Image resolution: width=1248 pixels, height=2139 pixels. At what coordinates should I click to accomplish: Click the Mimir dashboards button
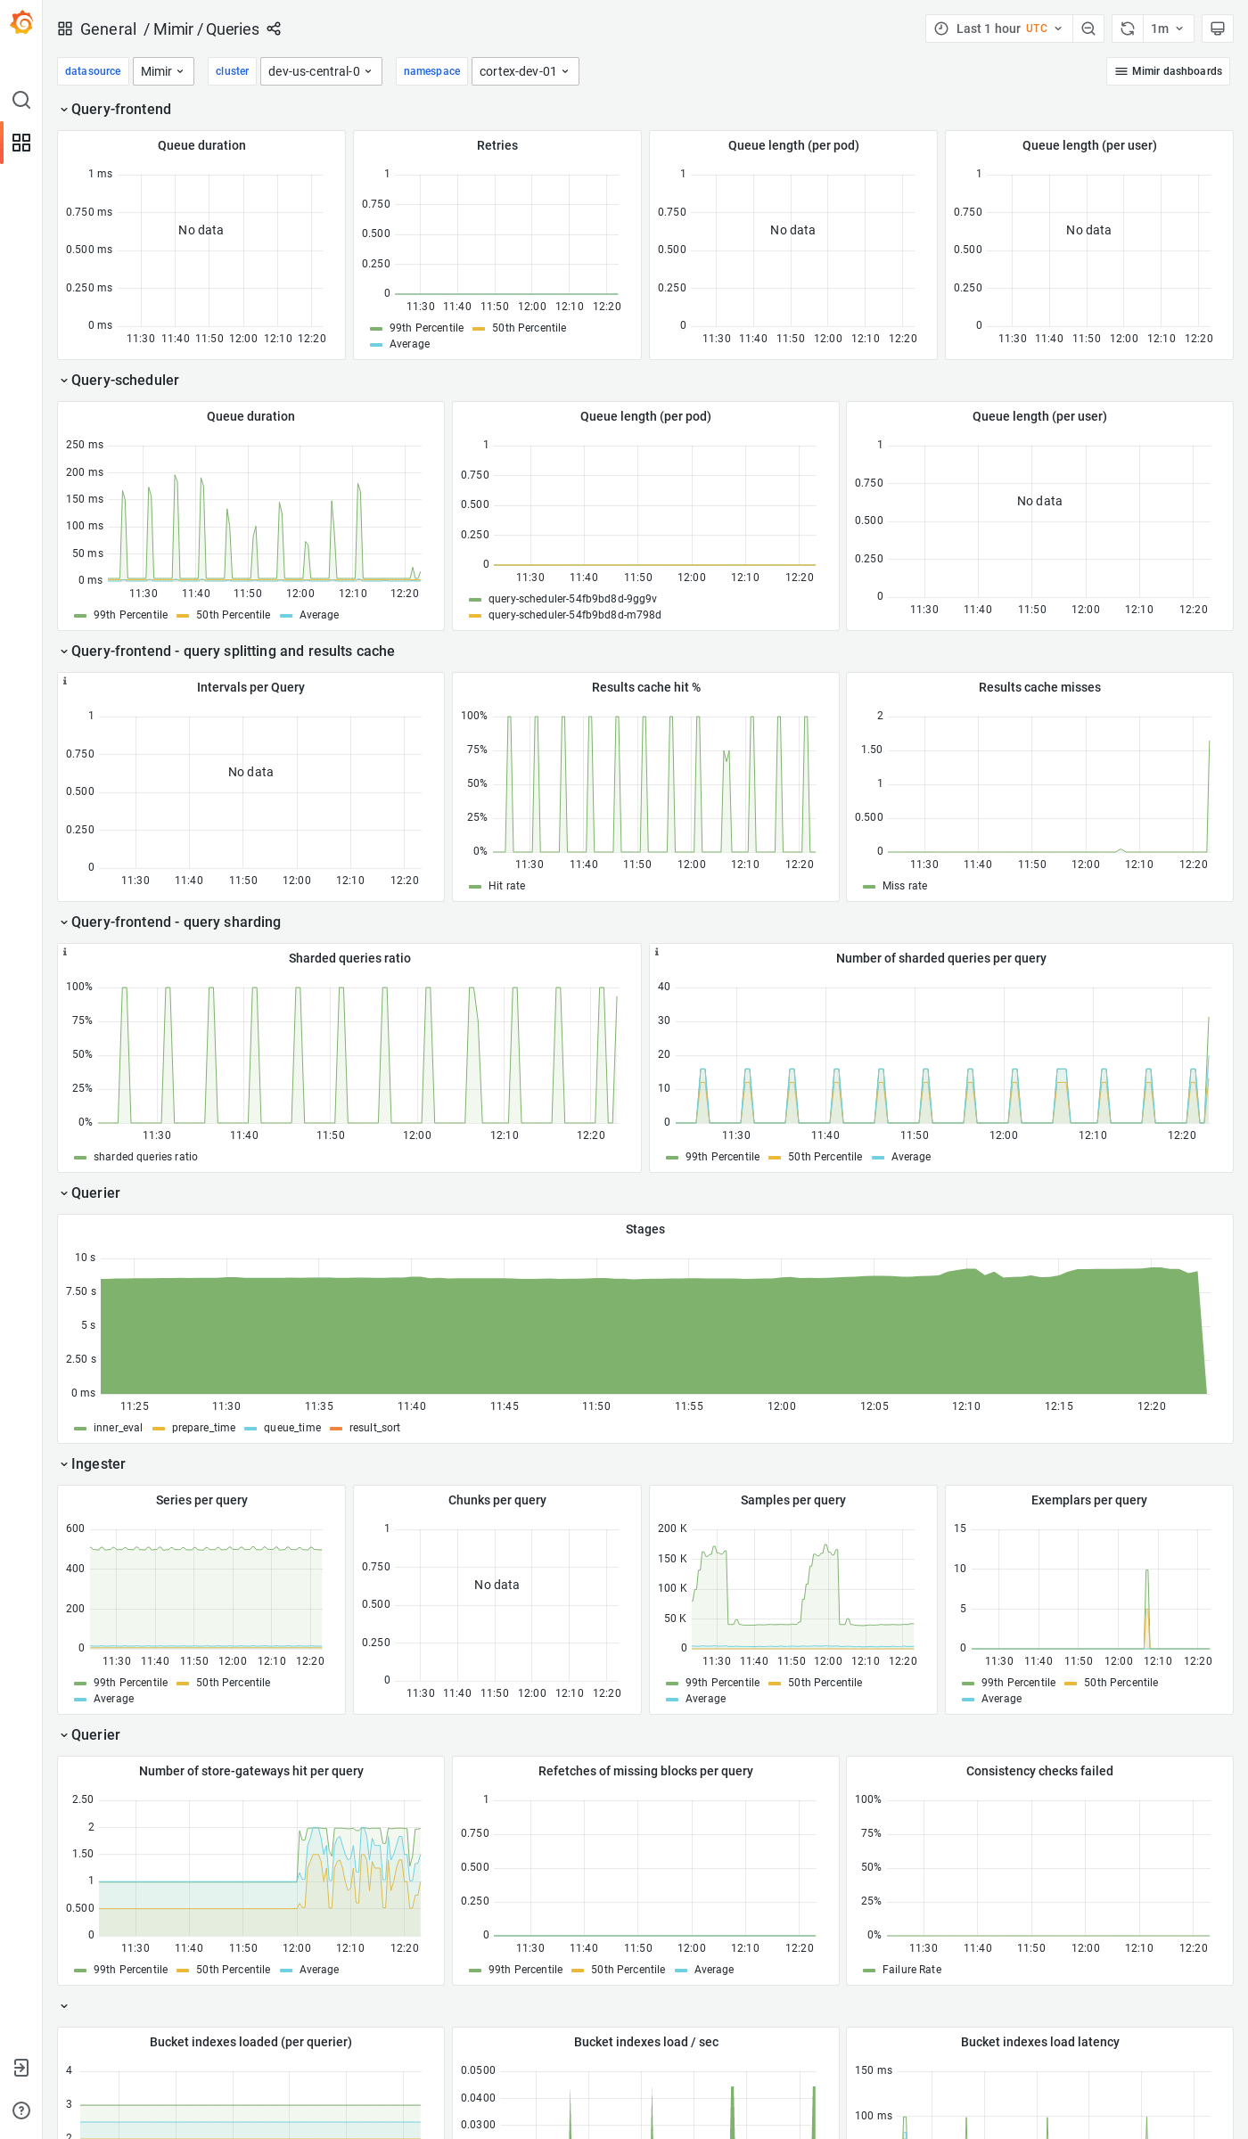pos(1168,71)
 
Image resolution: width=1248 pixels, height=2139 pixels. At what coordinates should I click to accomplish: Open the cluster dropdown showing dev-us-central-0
pos(320,71)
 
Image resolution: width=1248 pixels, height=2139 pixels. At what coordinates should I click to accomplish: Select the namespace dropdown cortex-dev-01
pos(524,71)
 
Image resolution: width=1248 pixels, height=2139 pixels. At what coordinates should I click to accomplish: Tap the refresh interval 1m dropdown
pos(1167,29)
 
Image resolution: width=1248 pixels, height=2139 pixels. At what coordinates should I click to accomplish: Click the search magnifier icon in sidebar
pos(21,100)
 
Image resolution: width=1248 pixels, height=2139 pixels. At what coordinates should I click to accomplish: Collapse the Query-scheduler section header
pos(125,381)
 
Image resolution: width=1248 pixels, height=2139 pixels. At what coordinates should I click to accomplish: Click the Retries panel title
pos(497,145)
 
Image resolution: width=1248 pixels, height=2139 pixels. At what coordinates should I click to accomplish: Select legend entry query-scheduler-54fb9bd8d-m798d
pos(574,615)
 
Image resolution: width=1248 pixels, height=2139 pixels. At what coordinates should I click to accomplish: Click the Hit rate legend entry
pos(506,886)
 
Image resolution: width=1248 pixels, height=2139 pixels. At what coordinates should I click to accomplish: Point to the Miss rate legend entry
pos(904,886)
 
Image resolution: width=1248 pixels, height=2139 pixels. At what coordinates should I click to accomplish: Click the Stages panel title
pos(645,1229)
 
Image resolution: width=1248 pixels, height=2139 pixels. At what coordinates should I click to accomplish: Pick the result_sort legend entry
pos(374,1428)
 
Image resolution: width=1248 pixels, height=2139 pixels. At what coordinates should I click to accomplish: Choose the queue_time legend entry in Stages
pos(291,1428)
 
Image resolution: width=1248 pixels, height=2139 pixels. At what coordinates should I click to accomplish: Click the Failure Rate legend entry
pos(911,1970)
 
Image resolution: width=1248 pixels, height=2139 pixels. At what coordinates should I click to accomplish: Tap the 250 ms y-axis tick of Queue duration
pos(85,445)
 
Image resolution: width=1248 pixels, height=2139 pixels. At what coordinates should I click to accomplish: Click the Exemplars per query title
pos(1088,1500)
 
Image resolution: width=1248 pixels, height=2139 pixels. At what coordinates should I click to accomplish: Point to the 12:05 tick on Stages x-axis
pos(874,1406)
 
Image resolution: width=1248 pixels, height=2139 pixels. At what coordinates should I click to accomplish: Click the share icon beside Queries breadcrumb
pos(274,29)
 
